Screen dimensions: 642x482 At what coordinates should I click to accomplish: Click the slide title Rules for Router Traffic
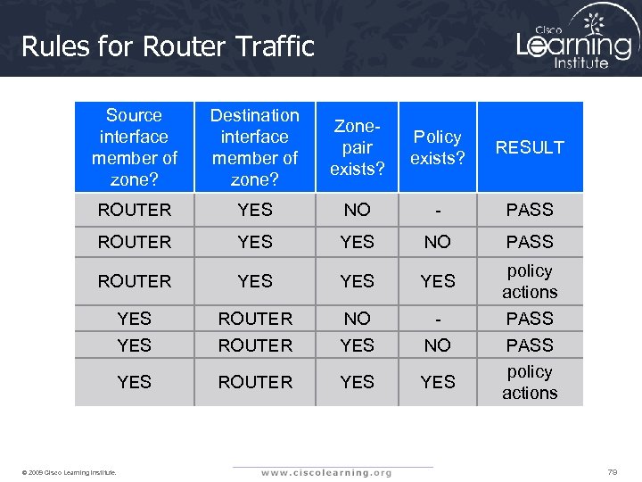coord(168,46)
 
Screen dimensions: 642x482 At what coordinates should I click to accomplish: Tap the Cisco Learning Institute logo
coord(575,39)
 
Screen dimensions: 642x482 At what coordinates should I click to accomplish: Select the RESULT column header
coord(530,147)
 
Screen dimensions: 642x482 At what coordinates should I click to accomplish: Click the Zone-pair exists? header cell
coord(357,147)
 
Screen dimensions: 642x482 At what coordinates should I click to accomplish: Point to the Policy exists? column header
coord(438,147)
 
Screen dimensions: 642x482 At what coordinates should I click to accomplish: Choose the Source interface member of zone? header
coord(134,147)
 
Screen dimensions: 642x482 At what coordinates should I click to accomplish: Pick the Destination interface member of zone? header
coord(255,147)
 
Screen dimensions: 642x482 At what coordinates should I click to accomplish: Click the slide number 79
coord(612,471)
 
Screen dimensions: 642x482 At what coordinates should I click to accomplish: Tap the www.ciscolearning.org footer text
coord(325,472)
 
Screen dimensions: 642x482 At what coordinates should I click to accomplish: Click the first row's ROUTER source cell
coord(134,210)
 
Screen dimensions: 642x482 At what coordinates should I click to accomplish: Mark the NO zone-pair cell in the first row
coord(357,210)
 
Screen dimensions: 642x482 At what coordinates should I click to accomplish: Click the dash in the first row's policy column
coord(438,210)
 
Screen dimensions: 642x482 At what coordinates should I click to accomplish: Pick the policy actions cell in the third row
coord(530,281)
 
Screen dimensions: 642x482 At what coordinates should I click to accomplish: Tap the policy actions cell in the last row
coord(530,382)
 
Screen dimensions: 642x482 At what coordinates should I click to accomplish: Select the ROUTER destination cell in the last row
coord(255,382)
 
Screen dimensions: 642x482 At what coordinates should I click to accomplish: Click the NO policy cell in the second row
coord(438,242)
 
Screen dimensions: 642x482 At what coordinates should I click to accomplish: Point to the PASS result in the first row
coord(530,210)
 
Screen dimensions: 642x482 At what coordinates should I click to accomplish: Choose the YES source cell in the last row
coord(134,382)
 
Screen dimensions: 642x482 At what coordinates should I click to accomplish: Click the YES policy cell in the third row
coord(438,281)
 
